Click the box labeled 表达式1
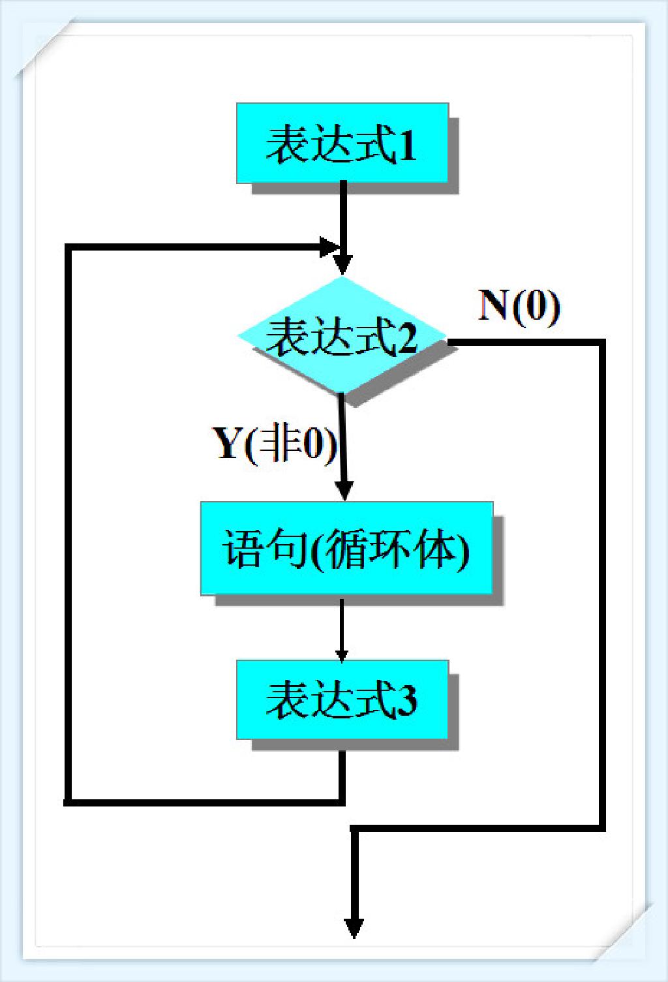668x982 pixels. (x=342, y=143)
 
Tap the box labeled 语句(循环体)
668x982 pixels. (x=346, y=548)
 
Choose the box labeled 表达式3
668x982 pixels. (x=342, y=699)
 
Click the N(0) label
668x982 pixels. (x=519, y=305)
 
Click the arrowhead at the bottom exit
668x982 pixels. (x=354, y=927)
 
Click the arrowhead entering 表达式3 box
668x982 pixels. (x=341, y=654)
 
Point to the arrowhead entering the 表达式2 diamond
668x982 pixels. (x=342, y=264)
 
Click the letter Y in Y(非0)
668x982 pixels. (x=227, y=444)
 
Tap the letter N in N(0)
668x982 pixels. (x=494, y=305)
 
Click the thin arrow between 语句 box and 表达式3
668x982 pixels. (x=341, y=626)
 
